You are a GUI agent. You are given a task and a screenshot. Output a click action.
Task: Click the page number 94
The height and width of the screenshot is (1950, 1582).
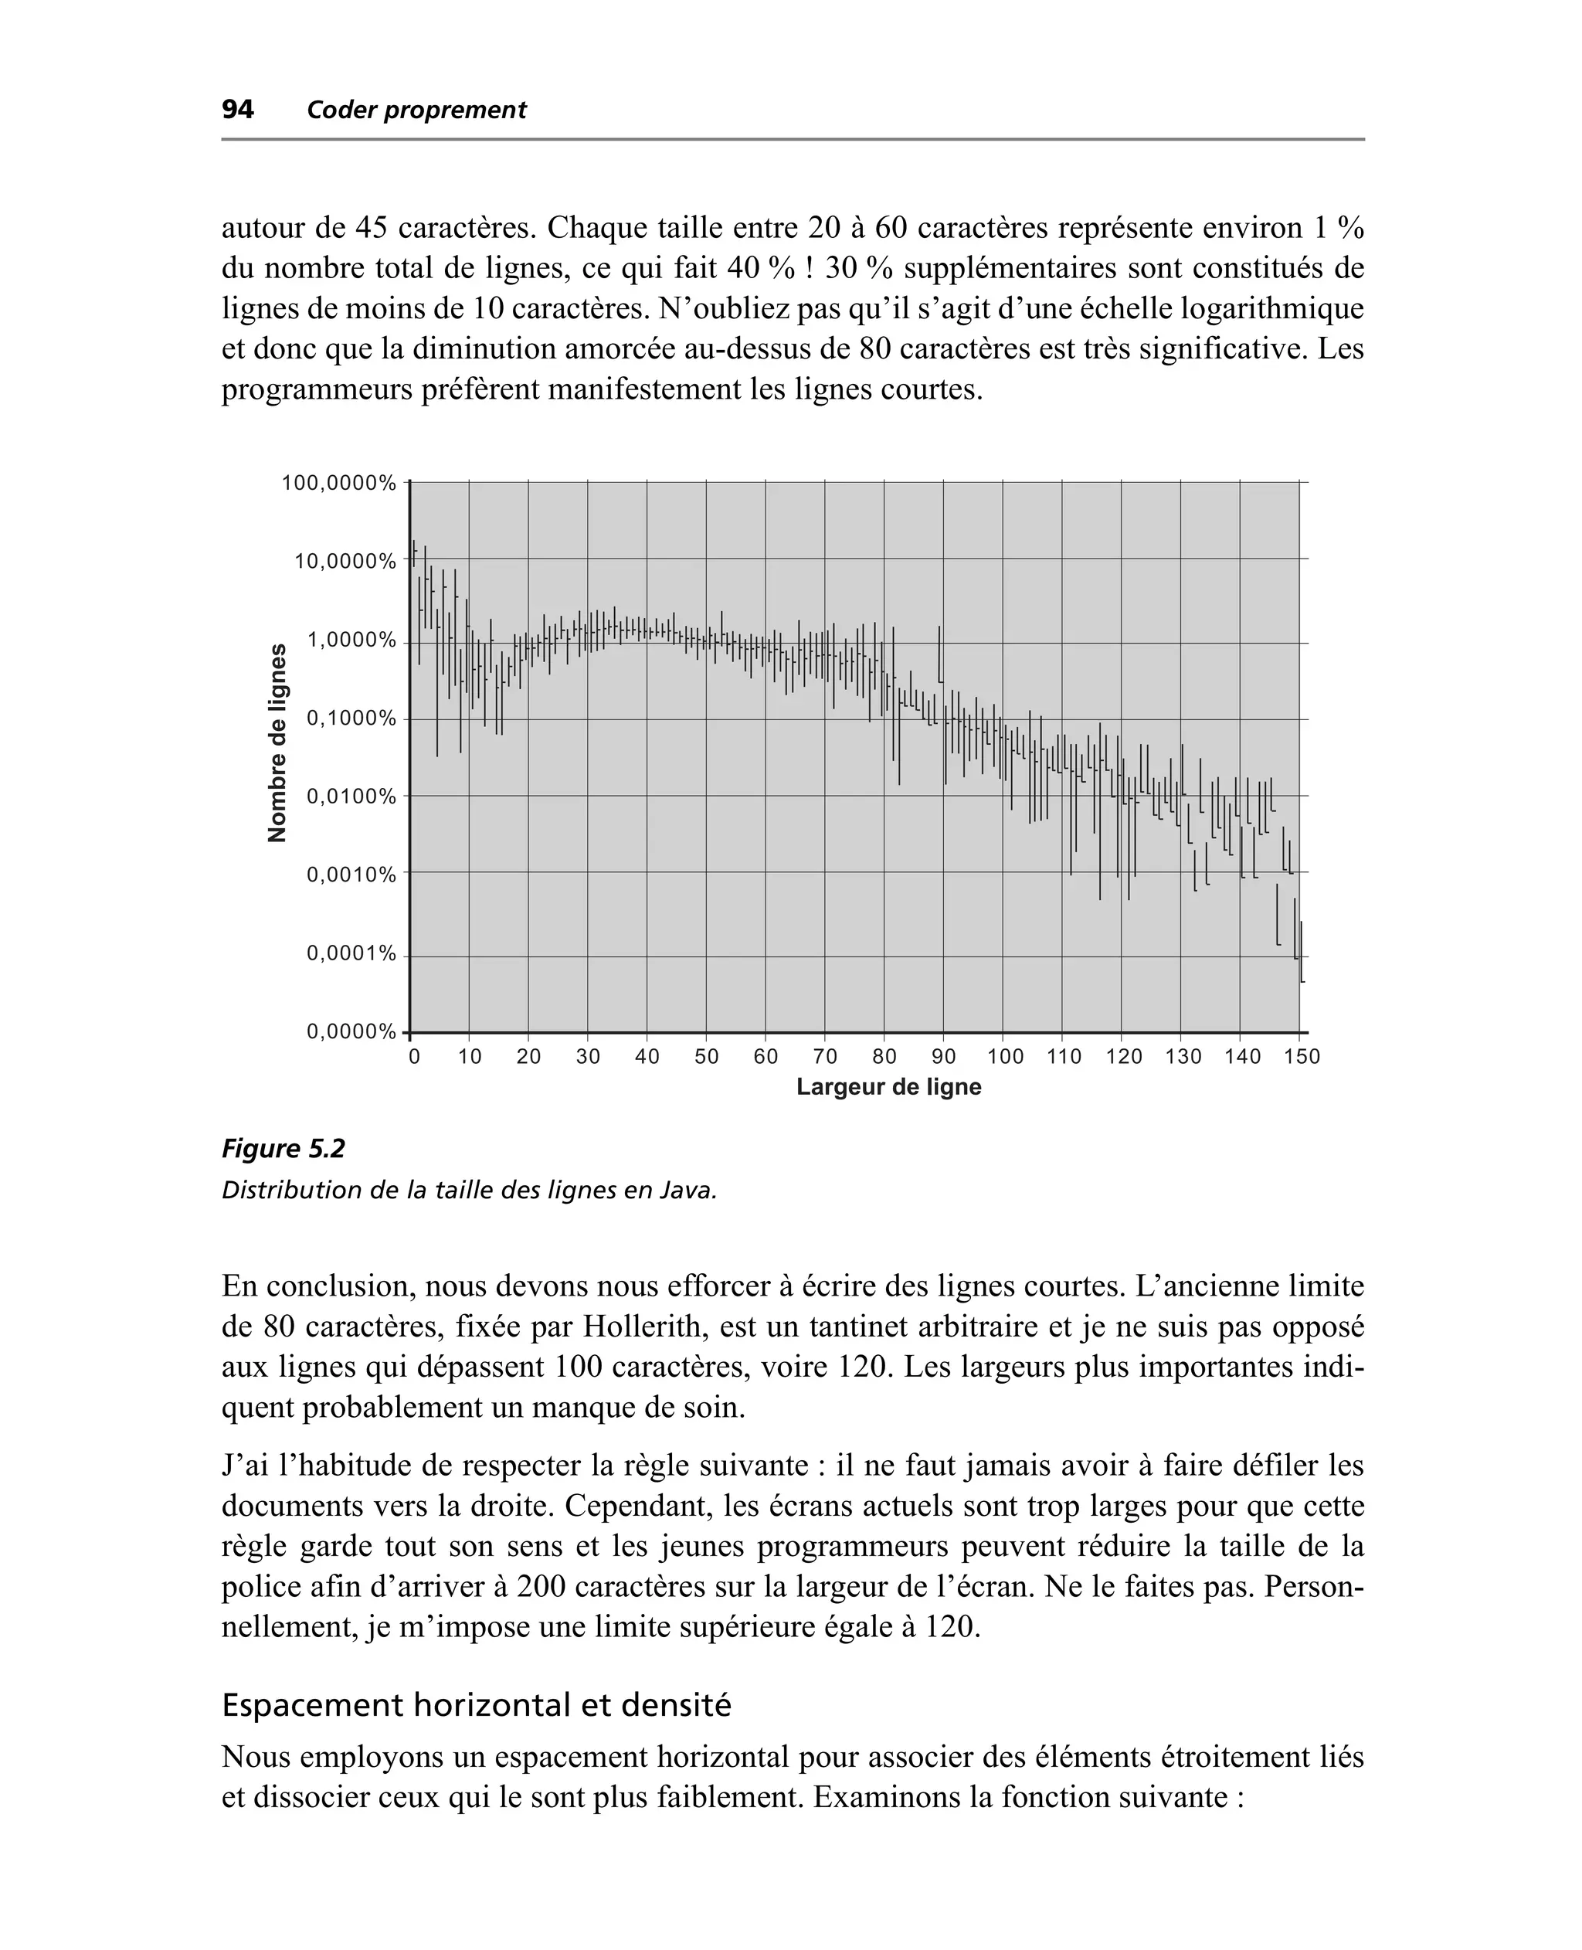(238, 110)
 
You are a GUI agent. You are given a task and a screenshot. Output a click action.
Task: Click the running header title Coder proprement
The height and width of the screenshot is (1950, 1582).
(416, 110)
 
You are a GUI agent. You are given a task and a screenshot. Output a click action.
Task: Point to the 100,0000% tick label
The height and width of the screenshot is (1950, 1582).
(339, 483)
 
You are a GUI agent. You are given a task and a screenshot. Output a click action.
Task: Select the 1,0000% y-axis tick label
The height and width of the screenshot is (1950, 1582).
(351, 640)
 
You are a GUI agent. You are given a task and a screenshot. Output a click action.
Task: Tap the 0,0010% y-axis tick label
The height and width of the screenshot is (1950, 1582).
(351, 875)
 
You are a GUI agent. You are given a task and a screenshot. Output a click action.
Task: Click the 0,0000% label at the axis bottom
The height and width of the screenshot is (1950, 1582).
(351, 1031)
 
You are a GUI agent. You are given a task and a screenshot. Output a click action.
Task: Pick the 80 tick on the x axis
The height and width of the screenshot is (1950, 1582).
(884, 1057)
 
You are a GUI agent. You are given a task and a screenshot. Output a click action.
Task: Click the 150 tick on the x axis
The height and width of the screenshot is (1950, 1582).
(1302, 1057)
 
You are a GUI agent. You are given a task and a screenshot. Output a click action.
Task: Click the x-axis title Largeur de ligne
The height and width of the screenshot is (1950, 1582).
(888, 1087)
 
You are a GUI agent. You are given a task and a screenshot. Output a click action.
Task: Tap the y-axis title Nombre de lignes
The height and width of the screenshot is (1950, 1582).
(277, 742)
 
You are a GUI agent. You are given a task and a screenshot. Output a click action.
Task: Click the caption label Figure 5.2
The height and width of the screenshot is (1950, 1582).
(283, 1149)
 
